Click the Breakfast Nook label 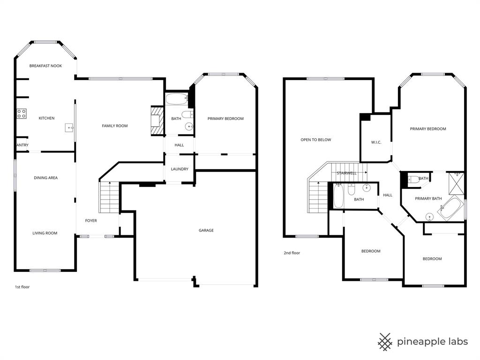(x=45, y=66)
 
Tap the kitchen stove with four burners (x=22, y=113)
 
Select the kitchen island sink (x=69, y=127)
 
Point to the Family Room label (x=115, y=126)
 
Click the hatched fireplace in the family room (x=156, y=121)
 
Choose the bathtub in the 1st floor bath (x=176, y=99)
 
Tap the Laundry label (x=180, y=169)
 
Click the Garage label (x=206, y=230)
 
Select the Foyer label (x=91, y=221)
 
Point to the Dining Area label (x=45, y=178)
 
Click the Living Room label (x=45, y=233)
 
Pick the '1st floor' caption (x=22, y=287)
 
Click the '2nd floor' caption (x=292, y=253)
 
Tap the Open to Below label (x=316, y=140)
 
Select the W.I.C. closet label (x=376, y=142)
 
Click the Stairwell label (x=346, y=173)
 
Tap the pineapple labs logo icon (x=385, y=342)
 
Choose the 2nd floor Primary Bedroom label (x=427, y=129)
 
